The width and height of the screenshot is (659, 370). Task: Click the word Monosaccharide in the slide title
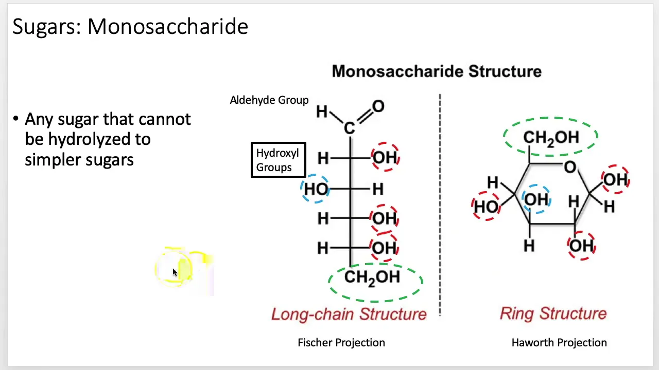pos(168,26)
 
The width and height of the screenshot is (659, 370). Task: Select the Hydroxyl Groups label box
pos(279,160)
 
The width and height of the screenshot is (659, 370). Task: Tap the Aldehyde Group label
pos(269,100)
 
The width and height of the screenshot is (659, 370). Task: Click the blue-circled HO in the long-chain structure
pos(316,189)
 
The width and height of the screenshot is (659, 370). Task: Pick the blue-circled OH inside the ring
pos(536,199)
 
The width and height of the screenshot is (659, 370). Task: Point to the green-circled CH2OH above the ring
pos(551,137)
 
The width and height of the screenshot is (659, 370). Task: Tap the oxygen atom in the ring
pos(570,167)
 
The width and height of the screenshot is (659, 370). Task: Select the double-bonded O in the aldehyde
pos(378,106)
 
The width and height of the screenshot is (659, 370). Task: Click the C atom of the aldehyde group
pos(349,128)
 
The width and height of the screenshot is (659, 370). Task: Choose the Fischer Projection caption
pos(341,343)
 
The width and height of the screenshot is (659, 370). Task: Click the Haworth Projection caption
pos(559,343)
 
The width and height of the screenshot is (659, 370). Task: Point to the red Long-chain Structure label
pos(349,314)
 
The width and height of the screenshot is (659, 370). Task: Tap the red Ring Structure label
pos(553,313)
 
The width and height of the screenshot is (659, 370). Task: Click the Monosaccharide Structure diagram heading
pos(437,71)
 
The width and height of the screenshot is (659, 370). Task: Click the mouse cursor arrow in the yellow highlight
pos(175,272)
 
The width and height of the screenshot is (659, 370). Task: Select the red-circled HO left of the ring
pos(487,206)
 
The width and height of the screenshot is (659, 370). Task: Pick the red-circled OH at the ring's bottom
pos(581,246)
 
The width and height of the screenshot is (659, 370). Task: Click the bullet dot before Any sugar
pos(15,119)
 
